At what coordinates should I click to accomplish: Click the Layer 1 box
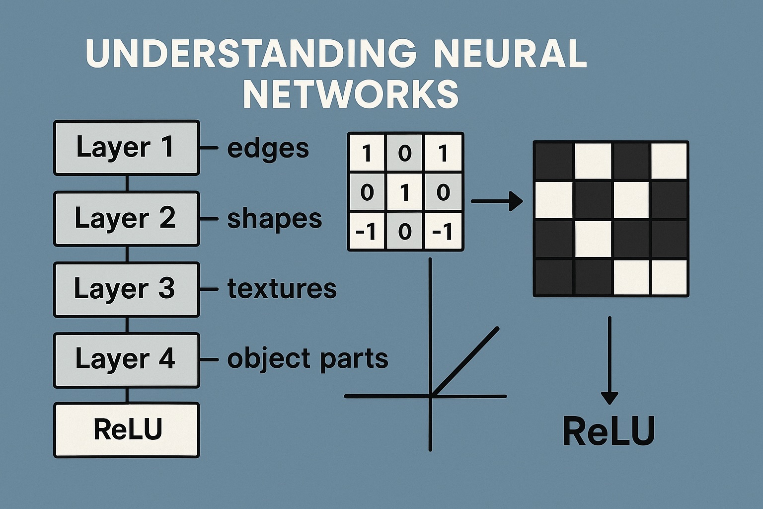126,148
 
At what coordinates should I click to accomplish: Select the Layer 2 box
126,219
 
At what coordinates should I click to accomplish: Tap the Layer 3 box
126,289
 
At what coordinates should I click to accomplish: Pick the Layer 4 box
126,360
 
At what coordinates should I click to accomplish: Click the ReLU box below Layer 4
126,430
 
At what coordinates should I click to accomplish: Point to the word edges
268,149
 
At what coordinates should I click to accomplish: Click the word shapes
274,219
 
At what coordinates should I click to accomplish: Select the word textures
282,289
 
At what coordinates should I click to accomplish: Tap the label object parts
307,359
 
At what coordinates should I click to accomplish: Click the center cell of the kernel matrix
405,192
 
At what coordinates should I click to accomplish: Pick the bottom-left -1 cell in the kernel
367,232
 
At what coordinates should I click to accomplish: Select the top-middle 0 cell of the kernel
405,153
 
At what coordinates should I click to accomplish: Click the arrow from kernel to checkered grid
496,201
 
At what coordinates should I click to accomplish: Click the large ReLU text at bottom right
609,431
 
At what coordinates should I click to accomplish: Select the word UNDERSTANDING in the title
251,54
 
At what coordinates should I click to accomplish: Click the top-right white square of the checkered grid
669,161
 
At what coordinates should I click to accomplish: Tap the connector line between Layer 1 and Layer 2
127,183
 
